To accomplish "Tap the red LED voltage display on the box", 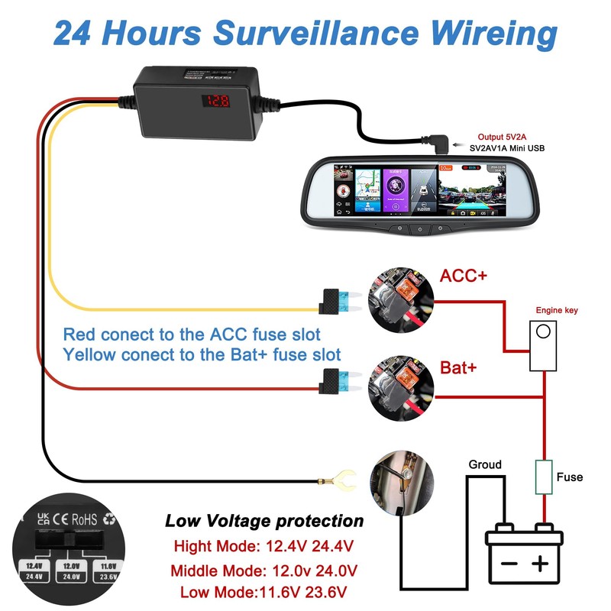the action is (221, 100).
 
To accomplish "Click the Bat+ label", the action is (459, 367).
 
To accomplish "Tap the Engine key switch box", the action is (543, 344).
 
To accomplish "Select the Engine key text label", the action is (557, 310).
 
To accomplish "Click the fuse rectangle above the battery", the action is (543, 477).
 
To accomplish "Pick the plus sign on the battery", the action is (541, 564).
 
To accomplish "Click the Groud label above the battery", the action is (485, 464).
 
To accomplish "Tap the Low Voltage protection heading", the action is (264, 522).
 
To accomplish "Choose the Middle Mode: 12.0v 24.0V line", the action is (264, 571).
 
